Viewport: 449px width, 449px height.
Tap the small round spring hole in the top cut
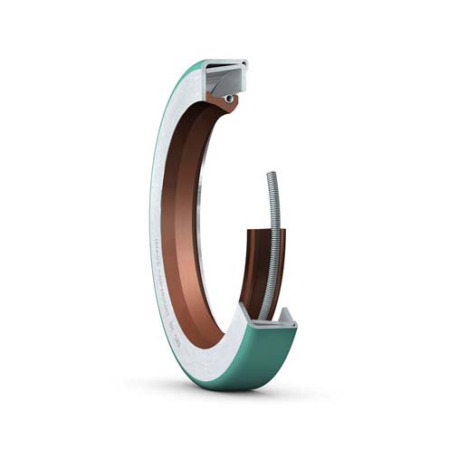click(x=229, y=98)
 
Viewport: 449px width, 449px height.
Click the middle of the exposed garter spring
click(x=268, y=244)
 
